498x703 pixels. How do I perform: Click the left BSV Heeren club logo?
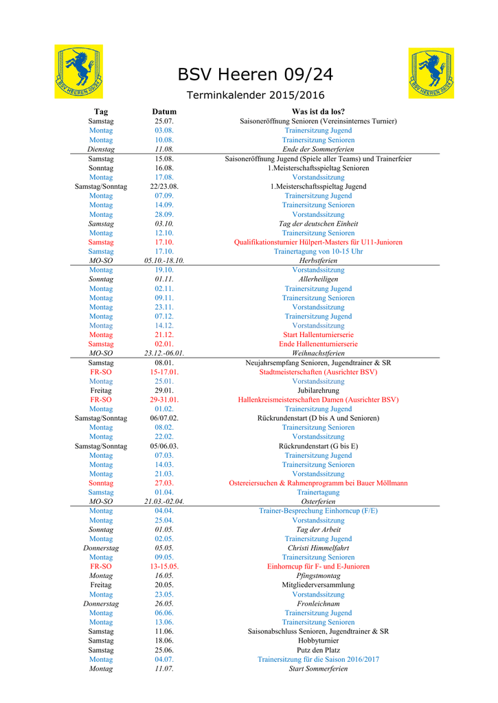[x=79, y=71]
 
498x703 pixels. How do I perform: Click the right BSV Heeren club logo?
[x=431, y=73]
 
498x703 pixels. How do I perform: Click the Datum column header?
[x=164, y=111]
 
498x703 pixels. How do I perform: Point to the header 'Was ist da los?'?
[x=318, y=111]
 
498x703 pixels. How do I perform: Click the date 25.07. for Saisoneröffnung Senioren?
[x=164, y=121]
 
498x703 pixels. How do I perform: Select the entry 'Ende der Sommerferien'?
[x=318, y=149]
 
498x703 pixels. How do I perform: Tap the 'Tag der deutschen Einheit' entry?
[x=318, y=224]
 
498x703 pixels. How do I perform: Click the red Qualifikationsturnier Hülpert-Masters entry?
[x=318, y=242]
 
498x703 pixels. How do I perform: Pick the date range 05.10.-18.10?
[x=164, y=261]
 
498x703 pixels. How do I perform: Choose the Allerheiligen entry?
[x=318, y=279]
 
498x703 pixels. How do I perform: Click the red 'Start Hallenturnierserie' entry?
[x=318, y=335]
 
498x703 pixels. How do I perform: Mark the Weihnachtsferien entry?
[x=318, y=353]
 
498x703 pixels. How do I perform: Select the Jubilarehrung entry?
[x=318, y=390]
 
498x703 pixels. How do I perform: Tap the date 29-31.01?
[x=164, y=400]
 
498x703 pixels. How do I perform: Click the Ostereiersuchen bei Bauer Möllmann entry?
[x=318, y=483]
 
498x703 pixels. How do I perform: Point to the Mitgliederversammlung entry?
[x=318, y=585]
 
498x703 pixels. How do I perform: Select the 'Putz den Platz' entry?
[x=318, y=650]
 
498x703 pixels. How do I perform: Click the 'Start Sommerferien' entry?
[x=318, y=669]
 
